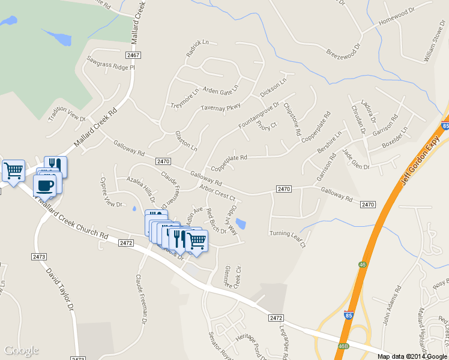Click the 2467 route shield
click(x=134, y=55)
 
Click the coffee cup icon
click(x=44, y=185)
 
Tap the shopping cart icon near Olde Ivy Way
click(x=196, y=241)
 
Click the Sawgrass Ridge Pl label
click(x=111, y=64)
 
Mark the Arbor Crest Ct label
click(x=218, y=193)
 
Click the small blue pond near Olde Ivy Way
click(x=240, y=224)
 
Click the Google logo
click(x=21, y=350)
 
